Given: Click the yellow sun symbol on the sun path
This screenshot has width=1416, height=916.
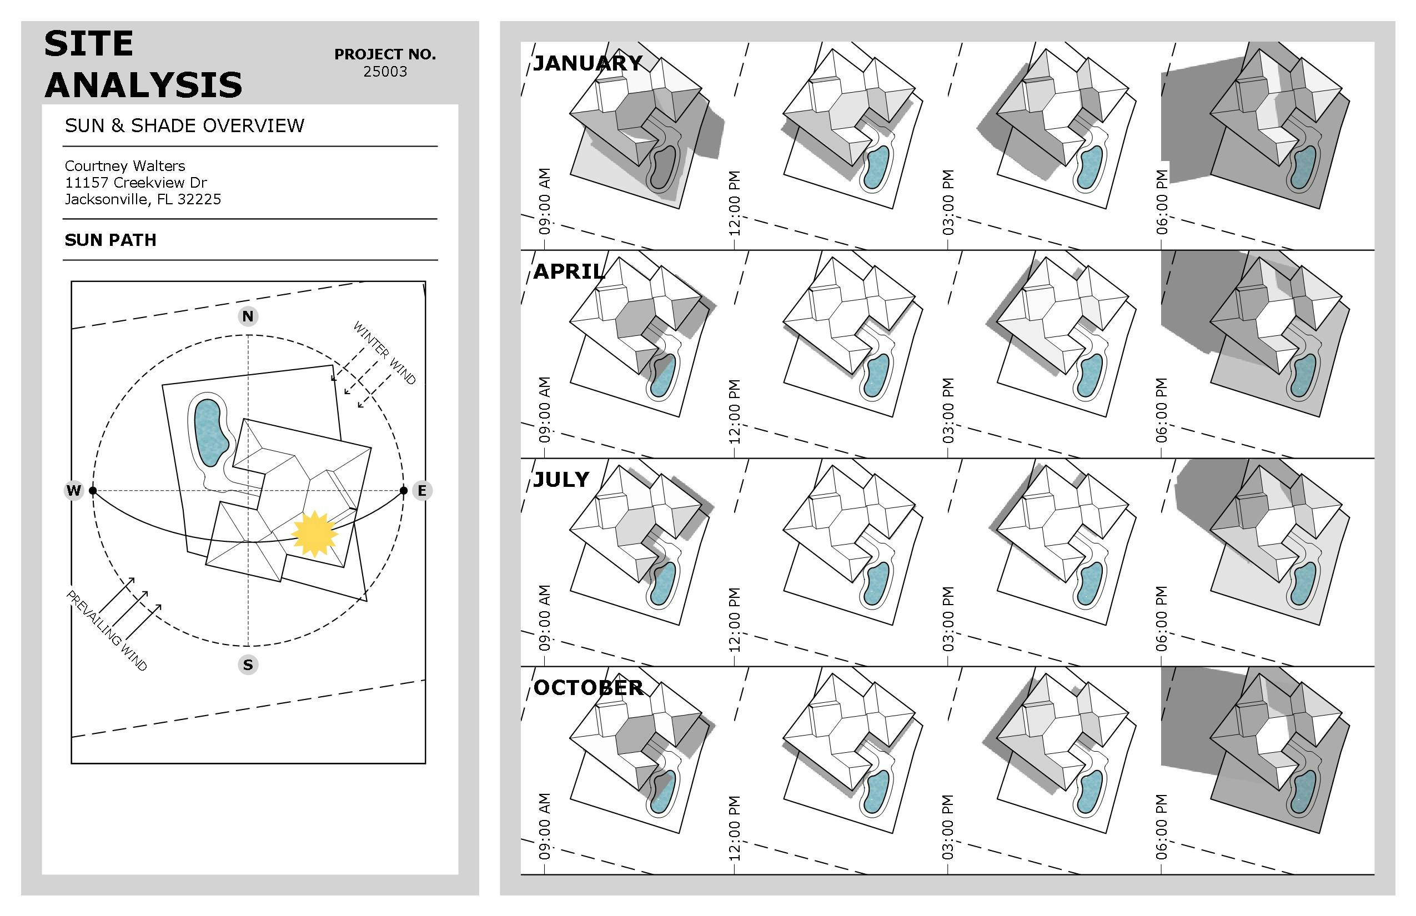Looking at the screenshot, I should [x=315, y=534].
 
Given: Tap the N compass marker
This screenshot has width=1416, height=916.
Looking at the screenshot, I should [x=248, y=316].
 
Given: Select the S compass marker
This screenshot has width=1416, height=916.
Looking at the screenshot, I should [x=248, y=665].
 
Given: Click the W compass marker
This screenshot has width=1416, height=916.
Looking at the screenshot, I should [x=74, y=491].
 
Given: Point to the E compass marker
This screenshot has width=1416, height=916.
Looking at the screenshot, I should [x=422, y=491].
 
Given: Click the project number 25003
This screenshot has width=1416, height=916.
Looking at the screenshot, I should [x=385, y=72].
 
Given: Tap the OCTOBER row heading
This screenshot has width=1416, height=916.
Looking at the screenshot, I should [x=588, y=688].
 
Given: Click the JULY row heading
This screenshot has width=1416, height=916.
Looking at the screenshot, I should [x=561, y=480].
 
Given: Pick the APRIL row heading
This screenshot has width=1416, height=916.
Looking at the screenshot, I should [x=569, y=271].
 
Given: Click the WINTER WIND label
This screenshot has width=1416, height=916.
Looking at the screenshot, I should [x=384, y=353].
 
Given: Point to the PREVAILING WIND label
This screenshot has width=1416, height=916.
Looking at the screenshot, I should [x=107, y=631].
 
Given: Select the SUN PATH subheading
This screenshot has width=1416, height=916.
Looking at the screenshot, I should [x=111, y=240].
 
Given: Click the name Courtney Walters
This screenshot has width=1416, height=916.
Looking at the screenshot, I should [x=125, y=166].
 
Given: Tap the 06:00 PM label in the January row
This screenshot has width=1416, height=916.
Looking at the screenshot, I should [x=1162, y=202].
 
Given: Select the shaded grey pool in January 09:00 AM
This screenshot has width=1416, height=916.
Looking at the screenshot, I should [x=664, y=168].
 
